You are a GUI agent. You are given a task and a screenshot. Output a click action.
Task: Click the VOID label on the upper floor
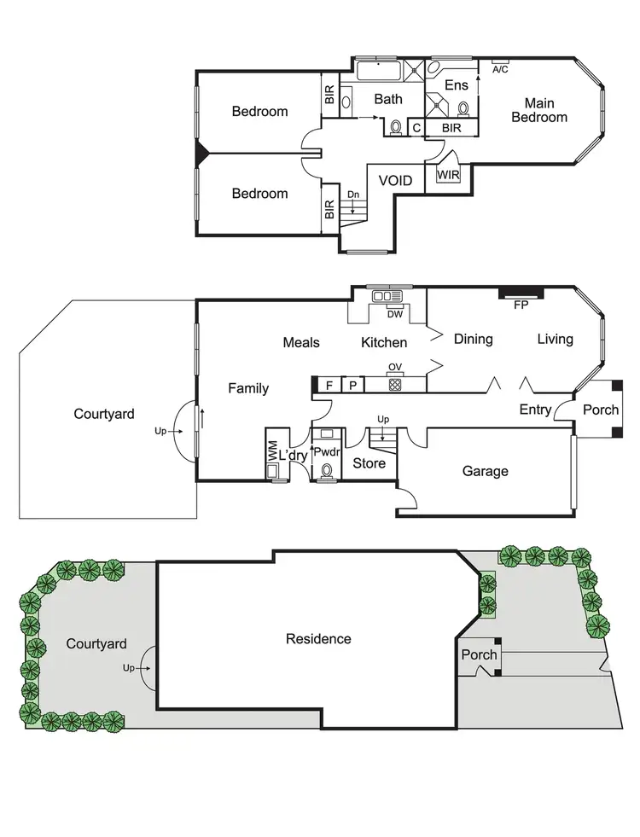point(396,181)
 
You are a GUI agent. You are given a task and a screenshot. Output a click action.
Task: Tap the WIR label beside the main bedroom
point(448,175)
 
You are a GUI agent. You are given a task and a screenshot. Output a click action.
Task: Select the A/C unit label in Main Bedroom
point(500,69)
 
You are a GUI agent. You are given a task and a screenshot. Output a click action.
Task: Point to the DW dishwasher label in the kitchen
point(394,314)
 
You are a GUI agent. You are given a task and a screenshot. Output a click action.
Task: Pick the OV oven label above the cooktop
point(394,368)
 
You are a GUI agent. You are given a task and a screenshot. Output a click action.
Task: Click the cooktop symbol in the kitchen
point(395,385)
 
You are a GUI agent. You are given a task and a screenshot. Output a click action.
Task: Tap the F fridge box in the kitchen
point(329,385)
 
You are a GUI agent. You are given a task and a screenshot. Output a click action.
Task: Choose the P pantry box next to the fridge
point(352,385)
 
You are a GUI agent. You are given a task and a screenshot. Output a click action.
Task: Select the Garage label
point(486,471)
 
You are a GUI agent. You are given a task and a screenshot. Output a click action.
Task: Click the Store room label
point(369,463)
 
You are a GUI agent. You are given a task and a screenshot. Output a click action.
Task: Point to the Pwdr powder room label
point(327,452)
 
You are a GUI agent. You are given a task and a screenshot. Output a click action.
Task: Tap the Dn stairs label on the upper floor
point(352,195)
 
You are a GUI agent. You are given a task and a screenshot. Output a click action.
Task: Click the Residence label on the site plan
point(318,638)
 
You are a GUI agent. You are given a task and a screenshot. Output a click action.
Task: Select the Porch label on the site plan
point(479,655)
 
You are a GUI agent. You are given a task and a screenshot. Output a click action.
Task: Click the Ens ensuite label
point(457,85)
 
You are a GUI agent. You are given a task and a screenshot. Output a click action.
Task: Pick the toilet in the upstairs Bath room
point(396,128)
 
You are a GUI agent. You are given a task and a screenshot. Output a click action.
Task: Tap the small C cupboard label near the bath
point(416,128)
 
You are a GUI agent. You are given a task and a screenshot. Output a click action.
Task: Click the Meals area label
point(301,342)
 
